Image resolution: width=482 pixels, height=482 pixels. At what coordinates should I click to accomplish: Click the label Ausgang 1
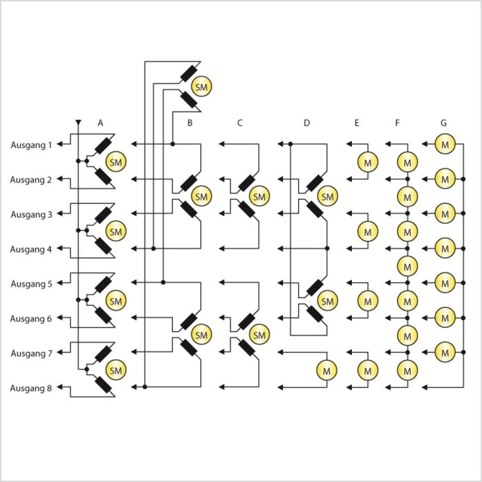31,145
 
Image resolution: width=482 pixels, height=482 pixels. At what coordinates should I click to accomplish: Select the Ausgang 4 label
31,249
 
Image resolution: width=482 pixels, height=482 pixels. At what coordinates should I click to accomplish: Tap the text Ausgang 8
31,388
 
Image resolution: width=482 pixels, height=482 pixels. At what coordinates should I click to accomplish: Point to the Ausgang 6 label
31,319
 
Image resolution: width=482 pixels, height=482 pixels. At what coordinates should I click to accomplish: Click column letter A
100,123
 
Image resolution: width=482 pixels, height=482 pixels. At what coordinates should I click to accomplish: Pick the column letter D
307,123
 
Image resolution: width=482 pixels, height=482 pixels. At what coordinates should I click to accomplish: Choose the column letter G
443,123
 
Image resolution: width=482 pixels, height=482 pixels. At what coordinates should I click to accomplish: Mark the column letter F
397,123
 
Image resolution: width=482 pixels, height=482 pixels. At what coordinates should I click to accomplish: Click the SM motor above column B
201,87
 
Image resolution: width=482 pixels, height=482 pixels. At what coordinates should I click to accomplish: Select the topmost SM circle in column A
116,162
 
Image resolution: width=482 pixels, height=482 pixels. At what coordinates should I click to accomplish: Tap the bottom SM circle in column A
116,371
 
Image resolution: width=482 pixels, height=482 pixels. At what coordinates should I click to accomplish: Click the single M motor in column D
326,371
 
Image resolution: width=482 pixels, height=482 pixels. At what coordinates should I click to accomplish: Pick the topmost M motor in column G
445,145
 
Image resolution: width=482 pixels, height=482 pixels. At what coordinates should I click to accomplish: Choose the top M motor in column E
368,162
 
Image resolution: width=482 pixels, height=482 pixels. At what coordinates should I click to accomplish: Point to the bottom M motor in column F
407,371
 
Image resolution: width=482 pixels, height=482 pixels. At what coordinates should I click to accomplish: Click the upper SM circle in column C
259,197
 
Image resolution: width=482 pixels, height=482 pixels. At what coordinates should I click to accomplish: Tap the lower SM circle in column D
328,301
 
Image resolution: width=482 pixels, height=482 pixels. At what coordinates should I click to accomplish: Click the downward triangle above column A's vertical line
78,122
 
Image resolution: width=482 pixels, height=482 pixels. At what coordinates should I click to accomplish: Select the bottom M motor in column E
368,371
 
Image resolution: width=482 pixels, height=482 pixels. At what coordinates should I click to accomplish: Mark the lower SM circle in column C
259,335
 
